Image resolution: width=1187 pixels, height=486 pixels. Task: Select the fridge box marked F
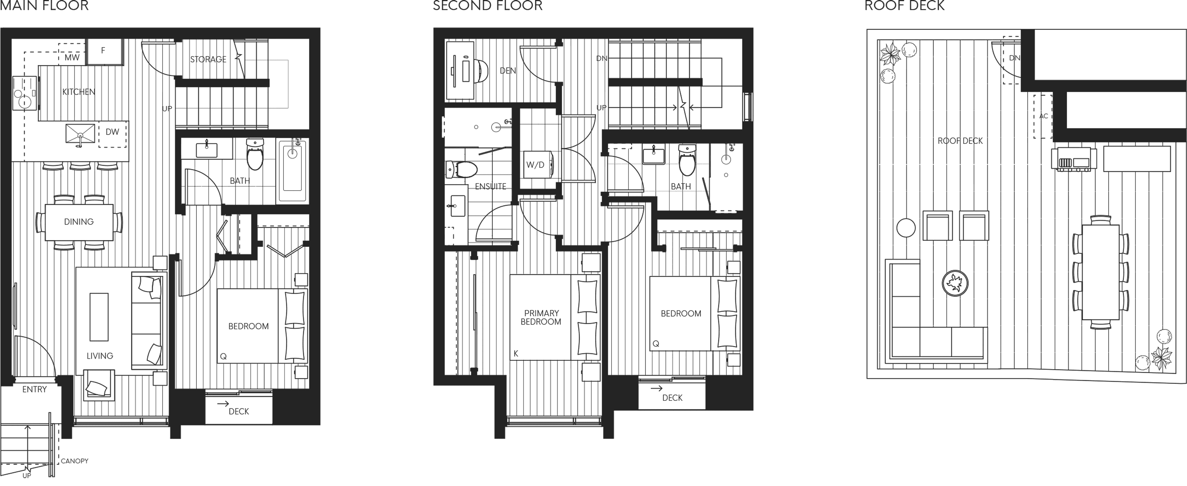click(x=105, y=51)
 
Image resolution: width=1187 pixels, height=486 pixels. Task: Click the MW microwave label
click(x=72, y=58)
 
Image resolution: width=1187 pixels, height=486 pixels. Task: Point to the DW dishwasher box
click(x=113, y=133)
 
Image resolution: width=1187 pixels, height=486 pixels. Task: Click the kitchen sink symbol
click(x=80, y=135)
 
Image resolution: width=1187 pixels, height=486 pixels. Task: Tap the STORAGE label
click(x=208, y=59)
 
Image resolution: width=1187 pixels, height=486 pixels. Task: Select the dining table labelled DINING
click(x=79, y=222)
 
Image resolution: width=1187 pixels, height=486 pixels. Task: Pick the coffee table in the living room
click(x=99, y=317)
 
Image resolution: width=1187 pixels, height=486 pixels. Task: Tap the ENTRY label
click(x=35, y=390)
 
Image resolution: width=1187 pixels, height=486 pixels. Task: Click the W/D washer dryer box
click(x=536, y=165)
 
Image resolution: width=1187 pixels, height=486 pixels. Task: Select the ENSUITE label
click(x=490, y=186)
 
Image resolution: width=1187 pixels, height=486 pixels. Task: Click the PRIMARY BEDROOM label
click(x=541, y=317)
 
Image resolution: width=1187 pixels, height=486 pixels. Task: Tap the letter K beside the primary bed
click(x=516, y=354)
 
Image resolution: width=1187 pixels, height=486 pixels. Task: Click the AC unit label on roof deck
click(x=1043, y=116)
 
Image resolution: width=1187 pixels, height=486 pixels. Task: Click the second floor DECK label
click(x=672, y=398)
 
